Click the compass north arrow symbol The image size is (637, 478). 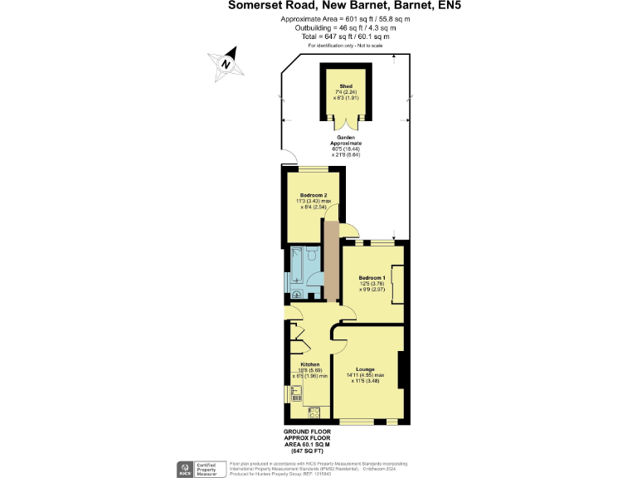(226, 62)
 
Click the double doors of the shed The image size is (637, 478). (344, 125)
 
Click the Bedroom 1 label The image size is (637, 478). (372, 277)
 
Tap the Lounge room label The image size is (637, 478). (365, 369)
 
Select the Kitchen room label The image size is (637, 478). (310, 364)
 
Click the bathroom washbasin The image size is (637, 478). (299, 292)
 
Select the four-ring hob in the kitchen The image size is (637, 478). (314, 412)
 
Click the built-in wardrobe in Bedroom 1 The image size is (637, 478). (397, 283)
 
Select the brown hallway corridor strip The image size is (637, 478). (331, 261)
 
